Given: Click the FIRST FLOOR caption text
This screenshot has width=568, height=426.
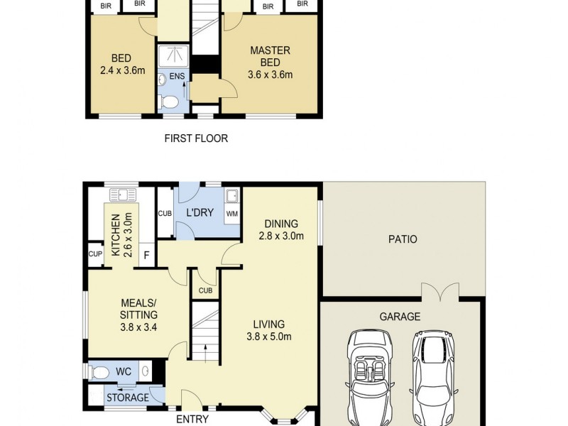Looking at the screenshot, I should pyautogui.click(x=196, y=138).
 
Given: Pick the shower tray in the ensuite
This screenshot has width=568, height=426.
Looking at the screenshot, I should pyautogui.click(x=173, y=55).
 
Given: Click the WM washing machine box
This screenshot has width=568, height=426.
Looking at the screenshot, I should pyautogui.click(x=232, y=212).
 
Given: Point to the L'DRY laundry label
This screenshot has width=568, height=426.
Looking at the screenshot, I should pyautogui.click(x=200, y=213).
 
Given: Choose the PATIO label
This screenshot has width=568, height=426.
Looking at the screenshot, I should pyautogui.click(x=403, y=239).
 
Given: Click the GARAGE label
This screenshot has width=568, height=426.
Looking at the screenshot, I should pyautogui.click(x=400, y=317).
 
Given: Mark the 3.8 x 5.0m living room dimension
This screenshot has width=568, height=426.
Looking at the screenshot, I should pyautogui.click(x=270, y=337).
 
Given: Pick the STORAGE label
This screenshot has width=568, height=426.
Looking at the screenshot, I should pyautogui.click(x=128, y=398).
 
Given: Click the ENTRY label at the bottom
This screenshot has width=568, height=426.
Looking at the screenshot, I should pyautogui.click(x=192, y=419).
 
